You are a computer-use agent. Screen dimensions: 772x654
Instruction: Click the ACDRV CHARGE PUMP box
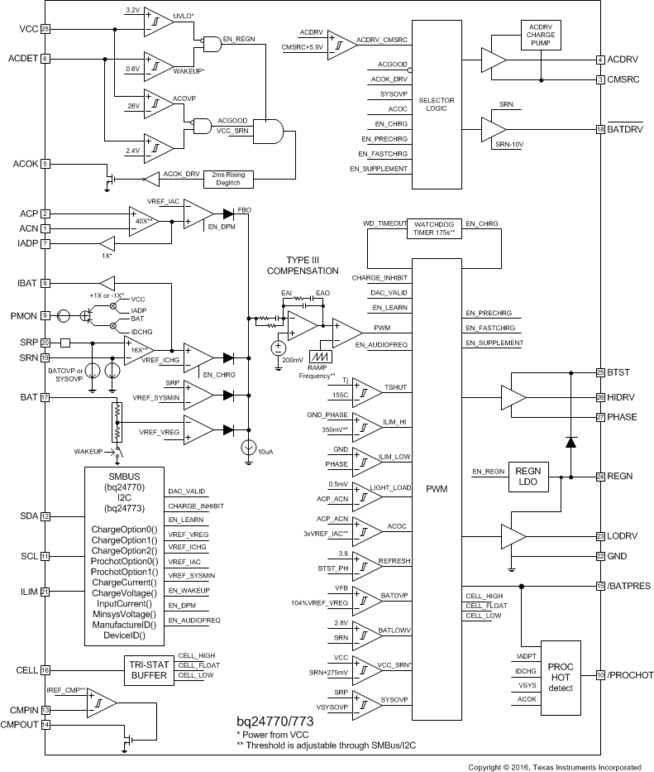(x=541, y=34)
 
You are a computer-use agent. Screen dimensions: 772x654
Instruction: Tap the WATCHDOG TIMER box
(x=435, y=228)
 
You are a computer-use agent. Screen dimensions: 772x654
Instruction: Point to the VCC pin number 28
(x=45, y=29)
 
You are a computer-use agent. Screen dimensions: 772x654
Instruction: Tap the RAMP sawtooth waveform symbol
(x=317, y=352)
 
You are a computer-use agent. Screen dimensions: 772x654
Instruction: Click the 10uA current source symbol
(x=246, y=448)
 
